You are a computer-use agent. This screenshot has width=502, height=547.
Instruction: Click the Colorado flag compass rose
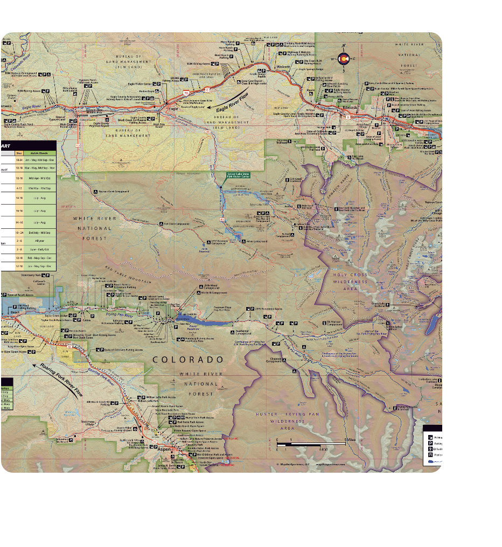coord(343,58)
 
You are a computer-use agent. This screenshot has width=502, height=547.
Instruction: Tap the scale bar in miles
coord(311,443)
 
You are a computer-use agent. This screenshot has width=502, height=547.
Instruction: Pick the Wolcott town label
coord(284,68)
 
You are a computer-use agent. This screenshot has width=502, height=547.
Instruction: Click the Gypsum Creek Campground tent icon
coord(96,192)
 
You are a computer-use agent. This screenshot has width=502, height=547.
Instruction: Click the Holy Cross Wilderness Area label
coord(350,282)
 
